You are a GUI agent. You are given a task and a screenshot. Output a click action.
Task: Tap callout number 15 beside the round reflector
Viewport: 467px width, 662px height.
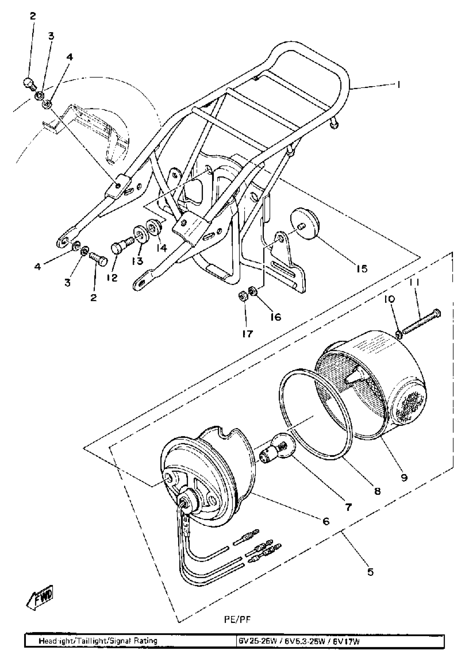click(362, 269)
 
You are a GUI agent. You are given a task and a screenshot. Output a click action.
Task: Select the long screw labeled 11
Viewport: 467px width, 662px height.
click(421, 322)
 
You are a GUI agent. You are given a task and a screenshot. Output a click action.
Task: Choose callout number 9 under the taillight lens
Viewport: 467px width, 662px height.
click(404, 477)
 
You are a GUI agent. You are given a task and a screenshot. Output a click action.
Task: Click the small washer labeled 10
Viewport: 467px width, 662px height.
click(399, 334)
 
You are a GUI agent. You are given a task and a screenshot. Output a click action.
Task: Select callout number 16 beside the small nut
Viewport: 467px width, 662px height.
click(276, 317)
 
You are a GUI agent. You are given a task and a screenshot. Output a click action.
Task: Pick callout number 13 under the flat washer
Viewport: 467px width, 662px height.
click(138, 261)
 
